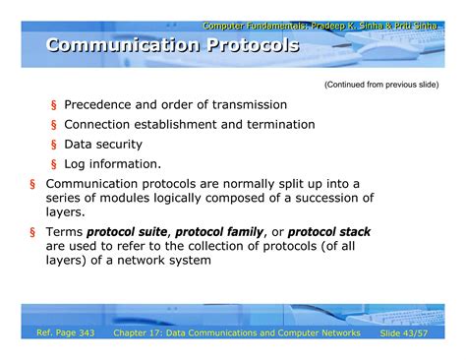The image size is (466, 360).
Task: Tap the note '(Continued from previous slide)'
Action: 380,85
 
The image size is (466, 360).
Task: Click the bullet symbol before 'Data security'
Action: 54,146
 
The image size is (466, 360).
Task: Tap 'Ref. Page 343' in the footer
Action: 65,334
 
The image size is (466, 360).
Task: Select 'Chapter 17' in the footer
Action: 144,334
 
